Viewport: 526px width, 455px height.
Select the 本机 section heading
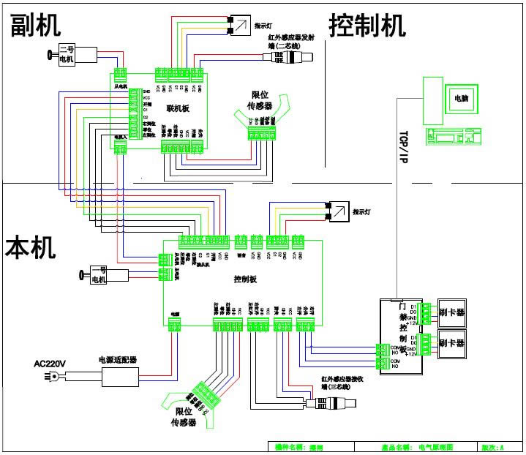pos(31,247)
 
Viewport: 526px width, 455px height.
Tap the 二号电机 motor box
pos(77,54)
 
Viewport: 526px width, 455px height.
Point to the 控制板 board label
pos(245,279)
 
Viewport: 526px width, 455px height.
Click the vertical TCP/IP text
pos(402,146)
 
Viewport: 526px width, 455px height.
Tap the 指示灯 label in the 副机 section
pos(264,26)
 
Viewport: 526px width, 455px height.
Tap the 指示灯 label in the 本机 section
pos(363,212)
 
